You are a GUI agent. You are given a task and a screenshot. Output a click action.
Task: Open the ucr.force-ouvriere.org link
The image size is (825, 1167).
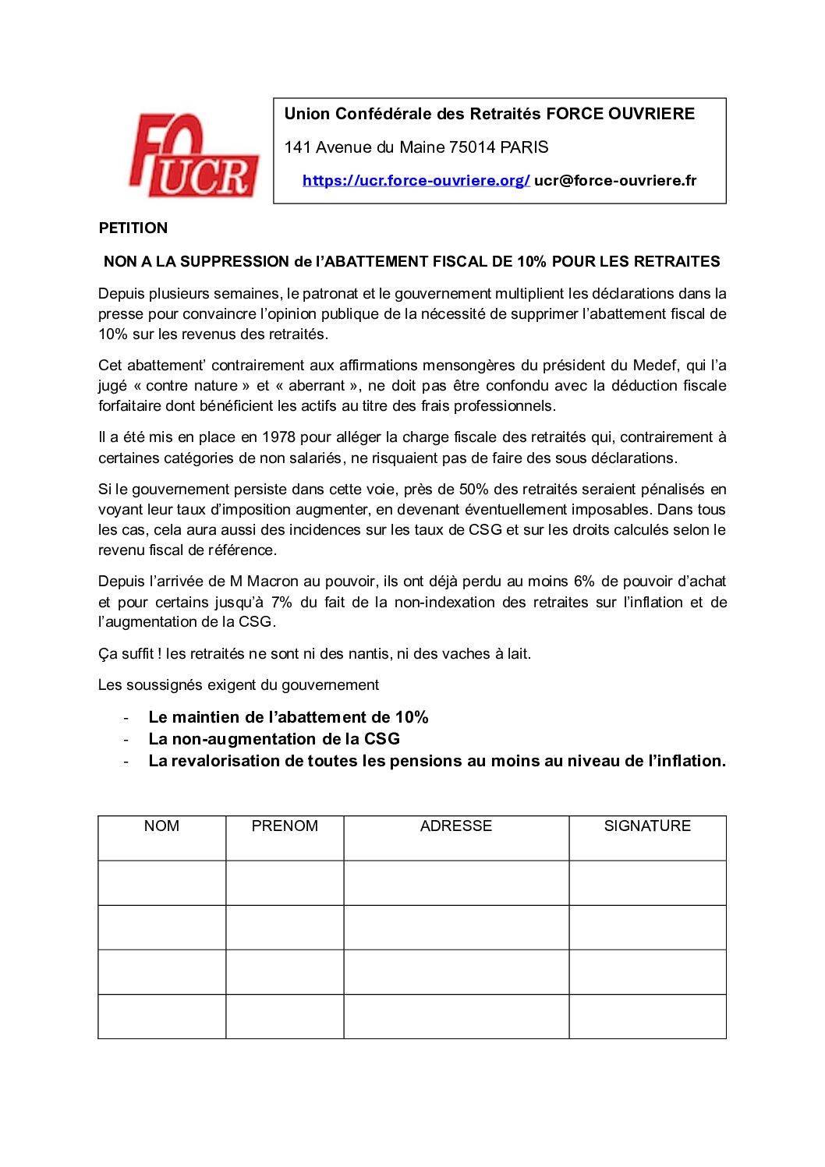click(416, 181)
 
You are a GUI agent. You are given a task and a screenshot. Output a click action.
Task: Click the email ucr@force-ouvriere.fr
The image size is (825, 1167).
click(615, 181)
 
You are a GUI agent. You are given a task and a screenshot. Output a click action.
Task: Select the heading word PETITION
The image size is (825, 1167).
click(133, 228)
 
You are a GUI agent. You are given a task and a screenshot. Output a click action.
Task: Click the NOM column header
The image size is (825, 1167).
click(161, 826)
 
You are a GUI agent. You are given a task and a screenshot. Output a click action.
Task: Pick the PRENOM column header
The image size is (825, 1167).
click(285, 826)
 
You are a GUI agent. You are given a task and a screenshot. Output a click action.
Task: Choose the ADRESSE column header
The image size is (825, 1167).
click(456, 826)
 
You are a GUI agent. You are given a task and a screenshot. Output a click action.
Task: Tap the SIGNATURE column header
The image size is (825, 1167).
click(647, 826)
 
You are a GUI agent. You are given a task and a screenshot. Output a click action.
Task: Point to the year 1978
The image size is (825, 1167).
click(278, 437)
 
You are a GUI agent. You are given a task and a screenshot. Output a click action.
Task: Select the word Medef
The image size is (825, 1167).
click(655, 366)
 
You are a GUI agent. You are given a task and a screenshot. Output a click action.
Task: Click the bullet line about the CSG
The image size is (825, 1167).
click(274, 739)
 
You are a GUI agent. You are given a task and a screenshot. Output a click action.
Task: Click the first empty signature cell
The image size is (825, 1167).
click(647, 883)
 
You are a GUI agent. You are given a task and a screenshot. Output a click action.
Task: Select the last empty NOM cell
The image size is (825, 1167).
click(161, 1017)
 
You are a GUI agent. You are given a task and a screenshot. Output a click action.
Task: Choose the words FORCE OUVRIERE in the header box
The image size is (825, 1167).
click(620, 114)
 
